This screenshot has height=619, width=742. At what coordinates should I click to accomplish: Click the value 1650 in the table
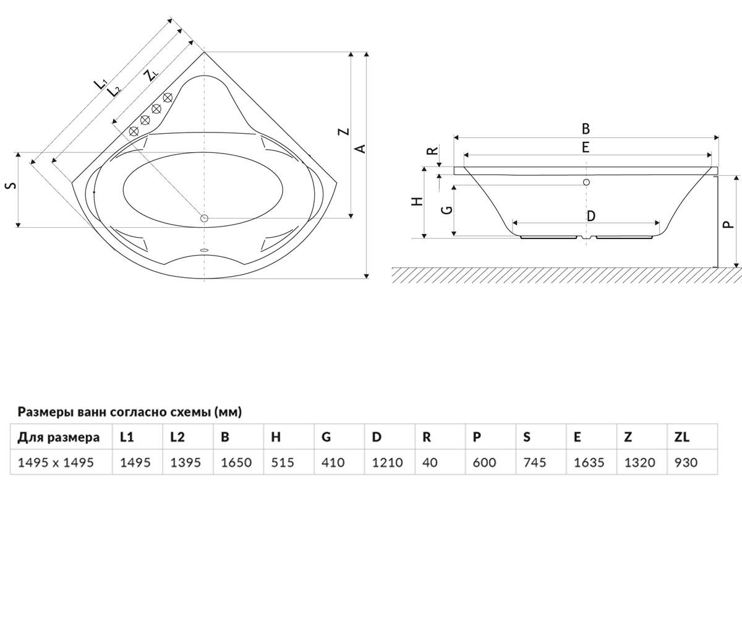click(236, 462)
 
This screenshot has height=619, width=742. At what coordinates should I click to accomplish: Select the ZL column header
click(682, 437)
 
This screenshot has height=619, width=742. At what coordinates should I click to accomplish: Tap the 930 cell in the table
click(686, 462)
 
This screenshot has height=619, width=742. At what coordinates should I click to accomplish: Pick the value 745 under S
click(534, 462)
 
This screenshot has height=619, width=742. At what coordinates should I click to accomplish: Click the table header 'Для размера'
click(59, 438)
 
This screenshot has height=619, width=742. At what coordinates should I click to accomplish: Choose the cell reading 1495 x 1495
click(56, 462)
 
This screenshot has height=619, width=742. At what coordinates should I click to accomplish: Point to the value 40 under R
click(430, 462)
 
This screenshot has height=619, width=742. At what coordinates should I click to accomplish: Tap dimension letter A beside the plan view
click(360, 149)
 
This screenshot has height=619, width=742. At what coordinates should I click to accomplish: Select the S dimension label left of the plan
click(12, 185)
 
